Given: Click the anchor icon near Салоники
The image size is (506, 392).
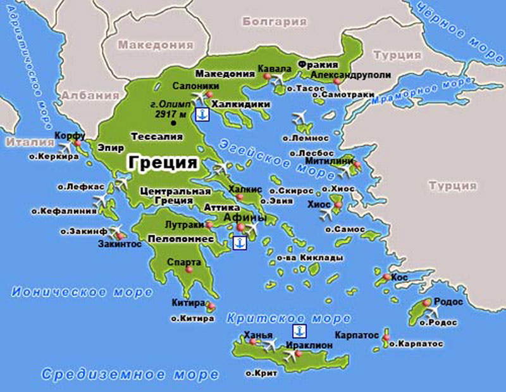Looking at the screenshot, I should (x=202, y=115).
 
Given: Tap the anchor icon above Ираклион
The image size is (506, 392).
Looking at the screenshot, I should (x=299, y=331).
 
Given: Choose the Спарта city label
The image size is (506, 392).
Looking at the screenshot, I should (x=184, y=262).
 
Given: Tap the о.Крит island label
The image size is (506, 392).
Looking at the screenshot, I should (x=262, y=374).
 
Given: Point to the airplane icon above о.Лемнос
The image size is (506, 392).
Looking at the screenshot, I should (x=300, y=119).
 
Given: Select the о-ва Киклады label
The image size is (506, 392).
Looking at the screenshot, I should (x=311, y=258).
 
